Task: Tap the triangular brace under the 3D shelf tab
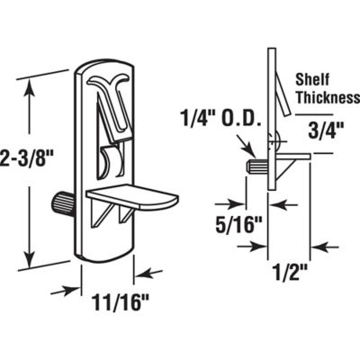coord(104,212)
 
